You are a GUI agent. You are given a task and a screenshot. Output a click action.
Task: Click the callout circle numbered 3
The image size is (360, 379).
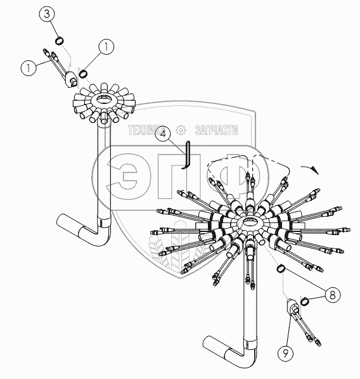coord(46,14)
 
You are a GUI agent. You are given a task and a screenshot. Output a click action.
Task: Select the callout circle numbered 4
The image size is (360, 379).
coord(164,134)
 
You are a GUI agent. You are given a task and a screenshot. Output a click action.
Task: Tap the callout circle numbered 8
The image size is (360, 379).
coord(333,295)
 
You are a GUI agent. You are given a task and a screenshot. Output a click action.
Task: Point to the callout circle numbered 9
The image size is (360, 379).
coord(286,354)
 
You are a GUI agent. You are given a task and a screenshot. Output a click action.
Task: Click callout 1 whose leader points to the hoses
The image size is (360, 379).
coord(29,67)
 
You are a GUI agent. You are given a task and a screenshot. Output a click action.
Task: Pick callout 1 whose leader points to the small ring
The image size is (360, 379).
coord(106,47)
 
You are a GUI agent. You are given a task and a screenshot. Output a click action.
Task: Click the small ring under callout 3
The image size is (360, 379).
coord(59,41)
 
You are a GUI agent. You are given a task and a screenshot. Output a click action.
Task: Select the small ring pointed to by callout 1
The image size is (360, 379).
coord(83,74)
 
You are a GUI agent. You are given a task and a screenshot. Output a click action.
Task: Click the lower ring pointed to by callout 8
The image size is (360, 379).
coord(305,301)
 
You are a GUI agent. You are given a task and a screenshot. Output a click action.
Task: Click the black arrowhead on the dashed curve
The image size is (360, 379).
coord(315,170)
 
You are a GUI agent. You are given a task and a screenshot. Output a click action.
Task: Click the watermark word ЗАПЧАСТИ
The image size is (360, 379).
coord(216,131)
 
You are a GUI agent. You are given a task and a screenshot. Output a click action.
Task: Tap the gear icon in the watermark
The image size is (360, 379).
coord(181,130)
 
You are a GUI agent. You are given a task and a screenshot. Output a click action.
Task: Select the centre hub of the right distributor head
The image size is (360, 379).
coord(249,221)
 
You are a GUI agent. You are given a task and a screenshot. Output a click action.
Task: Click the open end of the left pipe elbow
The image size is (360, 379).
coord(61,221)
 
